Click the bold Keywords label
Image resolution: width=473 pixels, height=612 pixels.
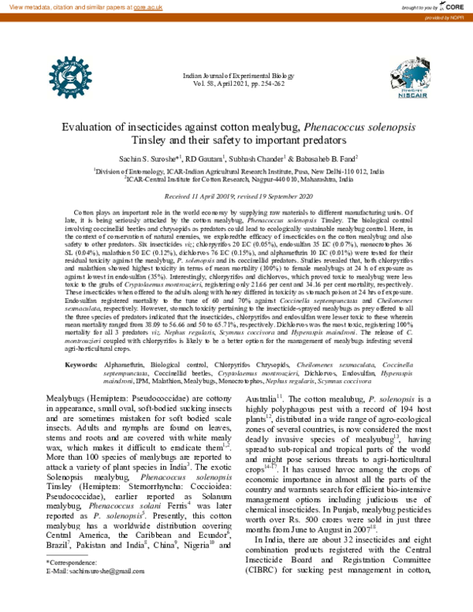80,364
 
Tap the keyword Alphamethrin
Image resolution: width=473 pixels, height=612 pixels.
129,364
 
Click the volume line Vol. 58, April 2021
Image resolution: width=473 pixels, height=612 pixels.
236,81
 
